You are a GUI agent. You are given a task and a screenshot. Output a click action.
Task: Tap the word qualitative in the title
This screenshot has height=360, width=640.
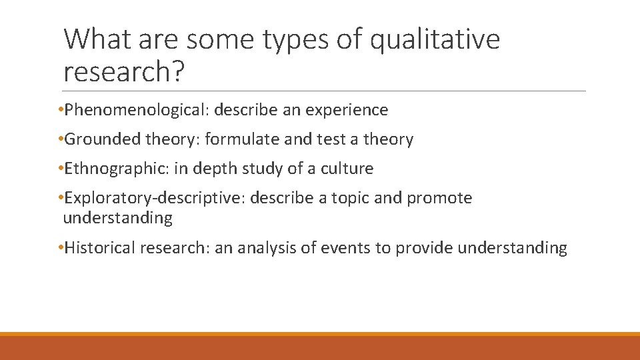434,40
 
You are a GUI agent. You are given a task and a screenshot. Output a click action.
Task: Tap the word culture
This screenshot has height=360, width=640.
347,169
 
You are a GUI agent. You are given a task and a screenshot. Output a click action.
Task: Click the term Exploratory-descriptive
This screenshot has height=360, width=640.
153,198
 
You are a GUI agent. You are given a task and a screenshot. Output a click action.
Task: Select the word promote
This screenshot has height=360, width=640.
439,198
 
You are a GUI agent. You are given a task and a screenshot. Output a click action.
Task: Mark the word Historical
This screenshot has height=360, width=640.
100,248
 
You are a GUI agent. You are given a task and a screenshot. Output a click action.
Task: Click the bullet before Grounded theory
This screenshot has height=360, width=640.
60,139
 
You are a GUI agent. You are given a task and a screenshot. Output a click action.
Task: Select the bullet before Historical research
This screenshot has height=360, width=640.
60,247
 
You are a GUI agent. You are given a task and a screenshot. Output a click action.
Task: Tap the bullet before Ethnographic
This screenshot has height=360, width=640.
60,168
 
